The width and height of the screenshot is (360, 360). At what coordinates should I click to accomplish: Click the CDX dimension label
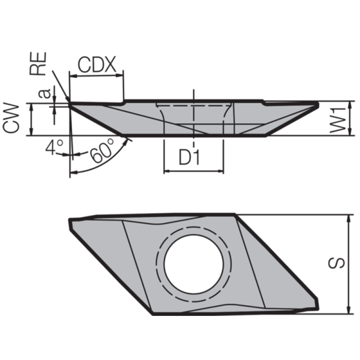[97, 65]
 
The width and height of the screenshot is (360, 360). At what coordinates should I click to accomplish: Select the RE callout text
[38, 63]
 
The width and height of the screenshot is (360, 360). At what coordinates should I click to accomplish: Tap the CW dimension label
[11, 118]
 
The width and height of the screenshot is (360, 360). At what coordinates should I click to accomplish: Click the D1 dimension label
[189, 158]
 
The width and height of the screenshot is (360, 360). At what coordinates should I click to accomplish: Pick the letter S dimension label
[337, 263]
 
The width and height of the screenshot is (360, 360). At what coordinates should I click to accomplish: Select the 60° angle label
[102, 150]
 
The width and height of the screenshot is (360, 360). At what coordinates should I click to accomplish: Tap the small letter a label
[44, 93]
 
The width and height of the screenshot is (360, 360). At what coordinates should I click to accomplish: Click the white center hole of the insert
[194, 264]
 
